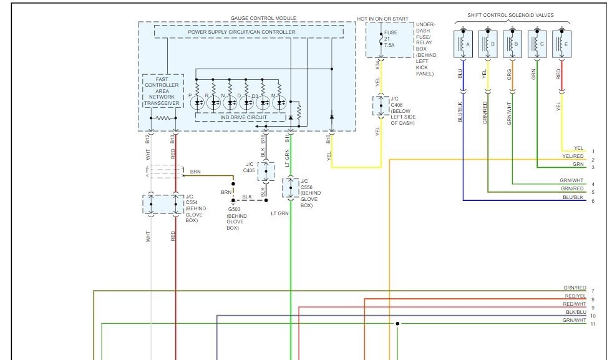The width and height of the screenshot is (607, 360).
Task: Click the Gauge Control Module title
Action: (246, 18)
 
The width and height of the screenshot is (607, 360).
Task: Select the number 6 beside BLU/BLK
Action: (593, 201)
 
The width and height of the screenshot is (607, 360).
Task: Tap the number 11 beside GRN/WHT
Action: (593, 324)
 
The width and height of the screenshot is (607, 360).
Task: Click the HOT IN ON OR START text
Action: (390, 18)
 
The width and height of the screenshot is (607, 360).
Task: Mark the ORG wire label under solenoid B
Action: (510, 74)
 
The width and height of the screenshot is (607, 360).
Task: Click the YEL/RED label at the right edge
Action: (573, 157)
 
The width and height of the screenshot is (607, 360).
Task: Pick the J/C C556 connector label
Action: (306, 187)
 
